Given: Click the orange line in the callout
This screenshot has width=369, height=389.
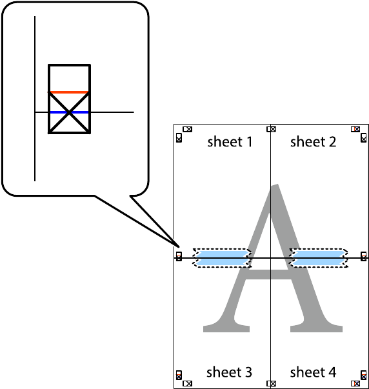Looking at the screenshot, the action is [x=68, y=92].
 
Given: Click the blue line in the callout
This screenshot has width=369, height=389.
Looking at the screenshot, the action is [x=69, y=112].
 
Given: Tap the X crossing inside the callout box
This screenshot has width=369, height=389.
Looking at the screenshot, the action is [x=69, y=113].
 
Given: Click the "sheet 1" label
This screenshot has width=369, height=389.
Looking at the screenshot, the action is [x=230, y=142].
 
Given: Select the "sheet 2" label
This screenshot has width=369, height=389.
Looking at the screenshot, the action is [x=313, y=142].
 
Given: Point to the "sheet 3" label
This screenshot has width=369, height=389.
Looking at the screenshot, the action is [x=229, y=372].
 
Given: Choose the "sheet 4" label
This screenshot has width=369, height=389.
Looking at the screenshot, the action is [x=313, y=372].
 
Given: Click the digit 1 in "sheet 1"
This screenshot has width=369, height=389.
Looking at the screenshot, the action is [x=250, y=142].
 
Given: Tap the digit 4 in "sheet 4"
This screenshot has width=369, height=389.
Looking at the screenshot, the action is [x=332, y=372].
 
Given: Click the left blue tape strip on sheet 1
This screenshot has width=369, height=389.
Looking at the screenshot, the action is [x=223, y=258].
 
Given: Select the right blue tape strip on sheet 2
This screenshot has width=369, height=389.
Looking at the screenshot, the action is [x=319, y=258].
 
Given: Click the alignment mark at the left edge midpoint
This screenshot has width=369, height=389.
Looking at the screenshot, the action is [x=179, y=256].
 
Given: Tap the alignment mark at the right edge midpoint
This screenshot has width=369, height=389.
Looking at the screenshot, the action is [x=364, y=256].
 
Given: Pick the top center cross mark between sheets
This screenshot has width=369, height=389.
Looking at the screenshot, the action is [x=271, y=129].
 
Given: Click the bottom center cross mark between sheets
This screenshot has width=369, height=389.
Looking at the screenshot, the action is [x=271, y=384].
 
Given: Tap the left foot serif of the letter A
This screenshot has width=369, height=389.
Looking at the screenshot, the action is [x=226, y=328].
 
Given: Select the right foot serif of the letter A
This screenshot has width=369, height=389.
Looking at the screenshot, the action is [x=316, y=328].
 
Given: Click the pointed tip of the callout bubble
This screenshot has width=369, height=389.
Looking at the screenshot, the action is [x=179, y=247].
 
